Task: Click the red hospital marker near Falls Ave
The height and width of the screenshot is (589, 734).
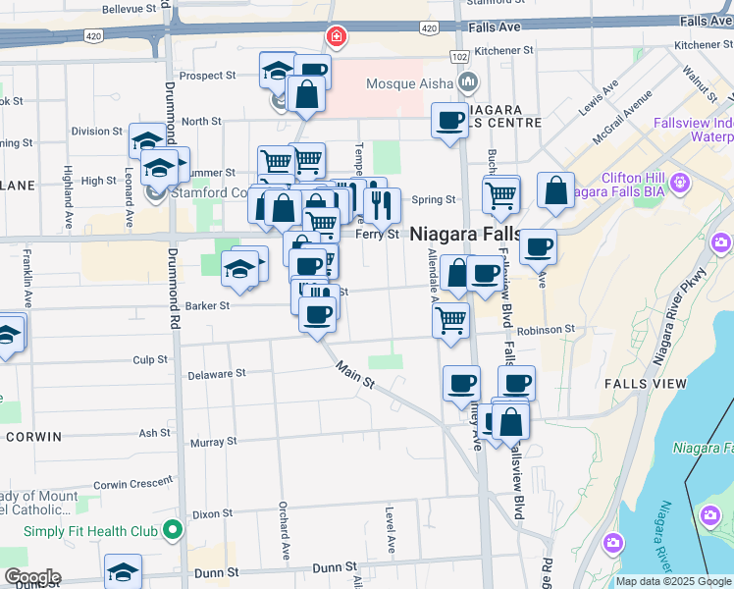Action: click(x=337, y=37)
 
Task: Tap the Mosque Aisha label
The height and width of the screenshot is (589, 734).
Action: click(x=406, y=83)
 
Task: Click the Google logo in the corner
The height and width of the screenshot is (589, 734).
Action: click(x=31, y=577)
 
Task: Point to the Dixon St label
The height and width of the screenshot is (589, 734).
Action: click(x=212, y=513)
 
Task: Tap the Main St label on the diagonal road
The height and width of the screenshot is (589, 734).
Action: click(x=355, y=375)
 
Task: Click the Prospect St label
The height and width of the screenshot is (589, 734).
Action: click(x=207, y=75)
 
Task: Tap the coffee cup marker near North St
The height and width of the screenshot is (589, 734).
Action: click(x=450, y=122)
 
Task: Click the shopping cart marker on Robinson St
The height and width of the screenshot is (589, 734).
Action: click(x=450, y=320)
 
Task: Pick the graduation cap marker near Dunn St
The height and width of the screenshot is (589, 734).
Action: click(x=124, y=571)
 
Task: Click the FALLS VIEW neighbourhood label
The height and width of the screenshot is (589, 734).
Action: click(x=638, y=384)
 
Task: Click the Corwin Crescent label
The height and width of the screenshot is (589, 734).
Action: click(x=139, y=484)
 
